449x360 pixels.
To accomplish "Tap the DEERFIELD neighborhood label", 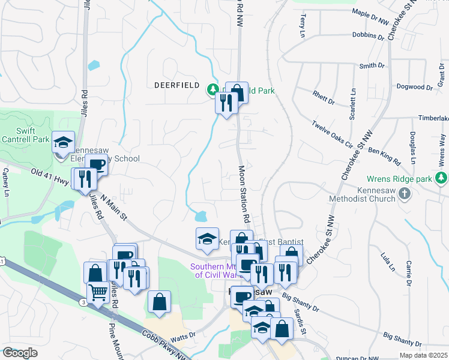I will [x=176, y=85].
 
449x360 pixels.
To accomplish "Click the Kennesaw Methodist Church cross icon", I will [x=405, y=193].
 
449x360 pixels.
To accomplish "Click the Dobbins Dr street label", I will [x=367, y=36].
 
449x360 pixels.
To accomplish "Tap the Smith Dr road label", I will [x=372, y=65].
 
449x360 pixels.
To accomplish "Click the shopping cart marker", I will [x=98, y=293].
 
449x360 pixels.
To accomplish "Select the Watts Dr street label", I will [x=184, y=335].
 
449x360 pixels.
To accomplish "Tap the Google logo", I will [x=20, y=353].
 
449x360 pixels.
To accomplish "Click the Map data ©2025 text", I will [x=423, y=355].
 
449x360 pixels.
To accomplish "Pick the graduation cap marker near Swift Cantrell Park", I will [x=63, y=142].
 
